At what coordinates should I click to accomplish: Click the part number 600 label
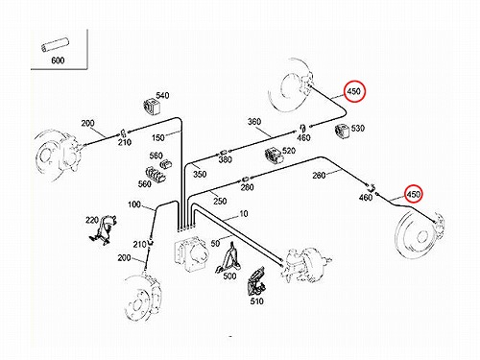pos(58,60)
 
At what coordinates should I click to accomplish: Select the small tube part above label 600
pos(56,44)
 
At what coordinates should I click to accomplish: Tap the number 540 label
pos(162,95)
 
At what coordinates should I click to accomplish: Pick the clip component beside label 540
pos(151,107)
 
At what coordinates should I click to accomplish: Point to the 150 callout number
pos(158,137)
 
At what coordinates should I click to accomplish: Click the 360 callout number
pos(254,122)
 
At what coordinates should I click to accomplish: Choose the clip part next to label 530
pos(343,132)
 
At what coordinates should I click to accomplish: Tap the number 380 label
pos(226,159)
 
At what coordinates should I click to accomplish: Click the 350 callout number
pos(200,174)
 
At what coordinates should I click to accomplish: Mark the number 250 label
pos(220,201)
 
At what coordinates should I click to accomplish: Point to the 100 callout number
pos(134,204)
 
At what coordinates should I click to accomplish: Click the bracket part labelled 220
pos(103,230)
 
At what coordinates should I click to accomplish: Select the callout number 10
pos(244,213)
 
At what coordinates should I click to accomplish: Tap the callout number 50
pos(215,243)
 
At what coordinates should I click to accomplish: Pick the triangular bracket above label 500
pos(228,258)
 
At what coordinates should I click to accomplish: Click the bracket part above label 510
pos(256,281)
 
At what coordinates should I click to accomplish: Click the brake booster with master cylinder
pos(305,264)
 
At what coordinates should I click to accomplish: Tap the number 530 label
pos(358,128)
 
